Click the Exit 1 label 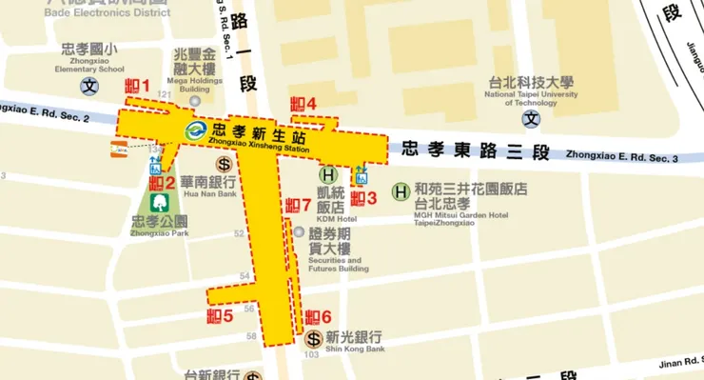[138, 87]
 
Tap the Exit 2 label [163, 183]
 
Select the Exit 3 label [364, 198]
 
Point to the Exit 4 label [303, 104]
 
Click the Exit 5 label [220, 316]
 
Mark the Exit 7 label [299, 206]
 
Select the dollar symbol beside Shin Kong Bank [313, 338]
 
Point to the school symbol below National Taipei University [531, 120]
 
